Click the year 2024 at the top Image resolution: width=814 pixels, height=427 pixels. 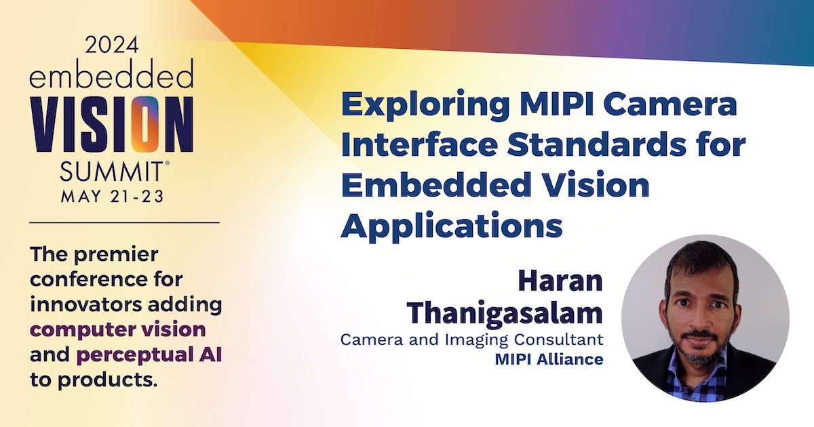[x=112, y=45]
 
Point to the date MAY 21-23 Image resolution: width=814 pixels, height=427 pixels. [x=112, y=199]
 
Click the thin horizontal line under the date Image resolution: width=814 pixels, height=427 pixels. [x=125, y=222]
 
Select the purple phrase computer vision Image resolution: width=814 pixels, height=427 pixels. [x=117, y=329]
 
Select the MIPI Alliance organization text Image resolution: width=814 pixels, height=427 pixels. [x=549, y=359]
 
